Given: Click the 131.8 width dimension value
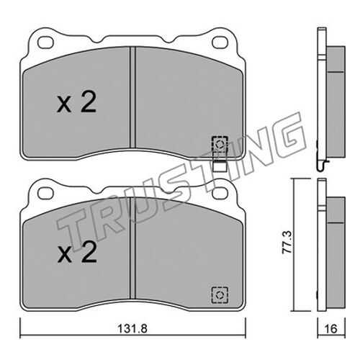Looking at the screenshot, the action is coord(132,328).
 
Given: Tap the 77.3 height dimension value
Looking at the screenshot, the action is coord(287,242).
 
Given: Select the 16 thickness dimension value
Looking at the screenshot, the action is coord(331,328).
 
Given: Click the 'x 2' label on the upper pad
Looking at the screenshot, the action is coord(77,102).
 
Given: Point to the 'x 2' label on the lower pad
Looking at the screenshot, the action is coord(77,252).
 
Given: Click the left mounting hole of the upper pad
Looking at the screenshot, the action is coord(45,42).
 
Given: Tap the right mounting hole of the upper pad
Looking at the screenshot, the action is coord(220,42).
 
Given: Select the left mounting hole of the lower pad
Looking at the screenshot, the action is coord(45,193).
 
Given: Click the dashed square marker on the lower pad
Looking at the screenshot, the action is coord(220,295).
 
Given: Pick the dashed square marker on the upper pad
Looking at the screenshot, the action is coord(220,145).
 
